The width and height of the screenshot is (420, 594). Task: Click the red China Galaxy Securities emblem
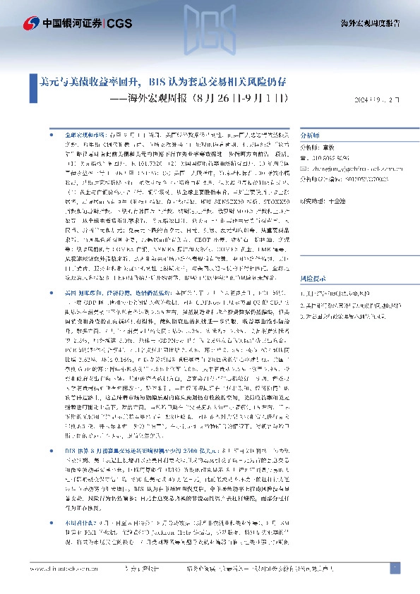(30, 23)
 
